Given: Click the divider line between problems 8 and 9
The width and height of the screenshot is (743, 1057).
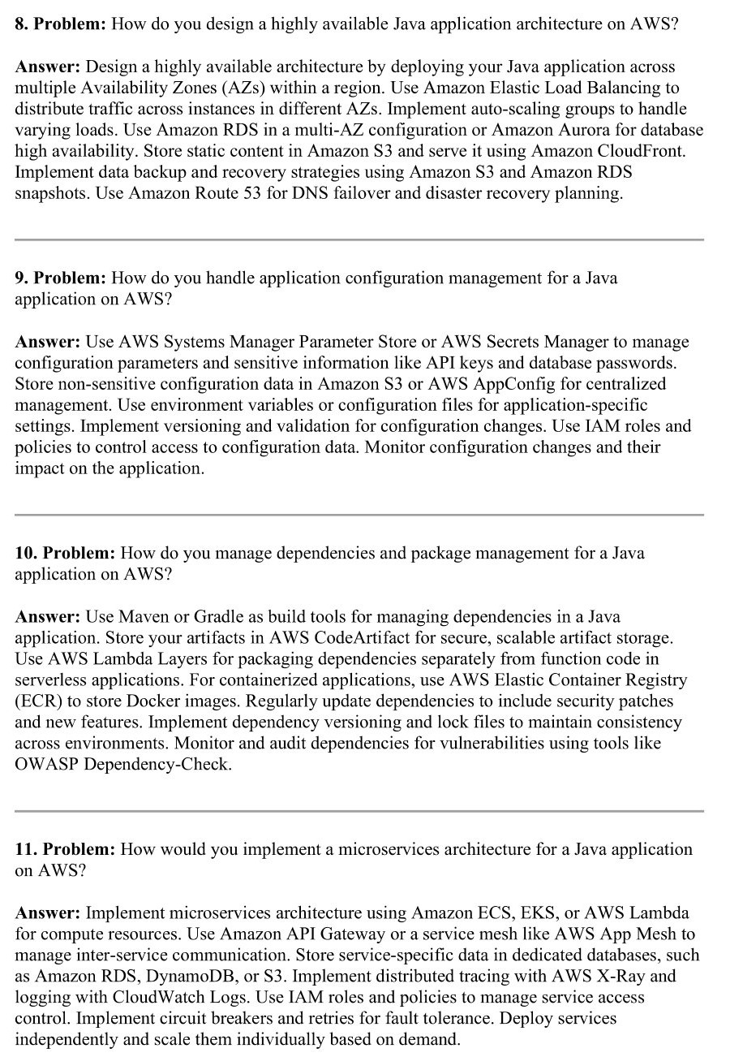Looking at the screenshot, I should coord(359,239).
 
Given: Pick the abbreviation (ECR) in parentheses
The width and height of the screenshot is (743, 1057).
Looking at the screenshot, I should coord(39,701).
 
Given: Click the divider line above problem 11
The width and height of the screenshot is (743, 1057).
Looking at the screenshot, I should coord(359,811).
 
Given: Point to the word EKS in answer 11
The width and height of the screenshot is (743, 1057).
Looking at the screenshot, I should coord(517,913).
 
